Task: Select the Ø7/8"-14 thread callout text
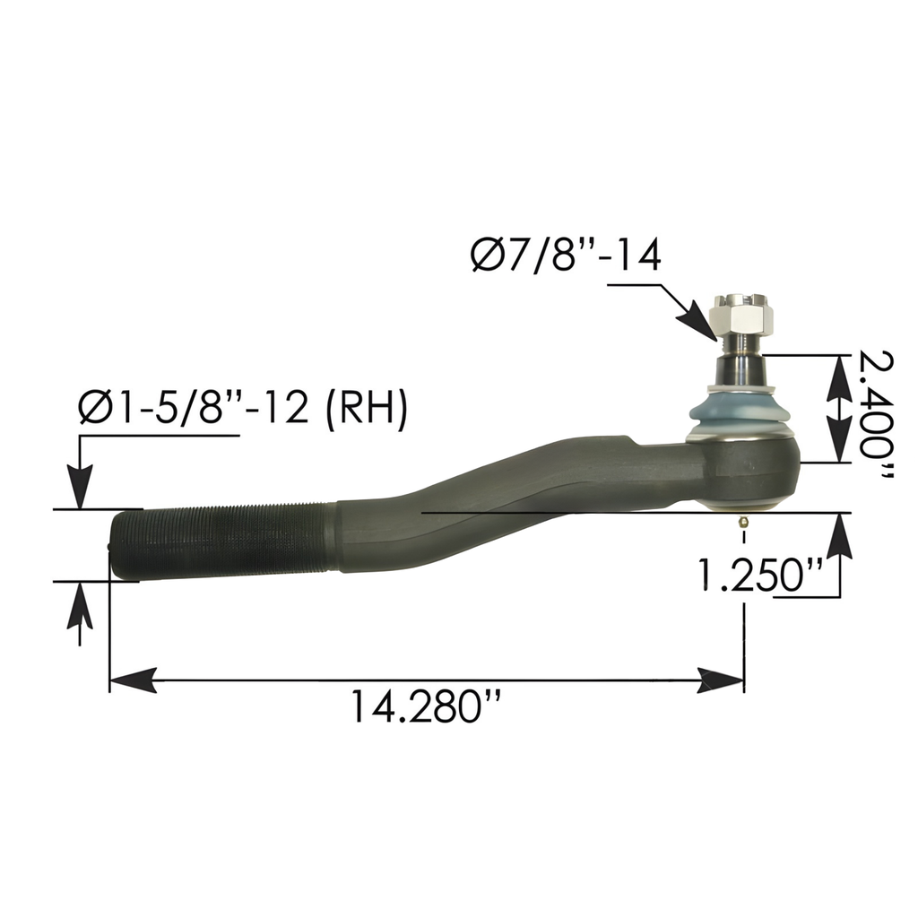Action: pos(565,256)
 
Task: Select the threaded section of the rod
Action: pos(224,541)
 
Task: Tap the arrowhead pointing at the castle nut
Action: pos(701,321)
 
